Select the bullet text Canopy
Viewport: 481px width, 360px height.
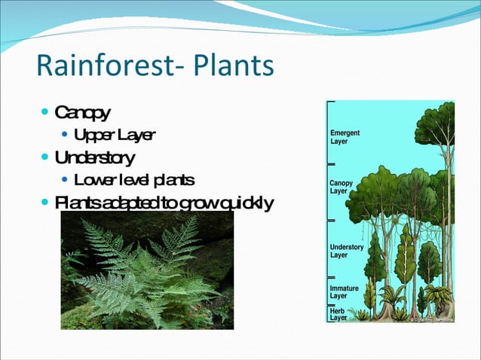83,114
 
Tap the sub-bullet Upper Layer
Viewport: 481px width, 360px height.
115,136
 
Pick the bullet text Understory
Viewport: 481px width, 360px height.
95,157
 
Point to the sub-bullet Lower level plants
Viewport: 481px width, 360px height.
134,180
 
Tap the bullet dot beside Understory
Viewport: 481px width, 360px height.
46,157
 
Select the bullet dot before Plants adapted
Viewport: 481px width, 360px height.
46,202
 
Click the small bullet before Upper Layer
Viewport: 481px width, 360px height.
65,136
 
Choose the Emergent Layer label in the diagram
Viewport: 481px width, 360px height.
345,137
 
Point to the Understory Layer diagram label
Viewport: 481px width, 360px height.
347,251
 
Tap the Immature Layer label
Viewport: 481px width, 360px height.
344,291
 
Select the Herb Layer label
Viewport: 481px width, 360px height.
339,314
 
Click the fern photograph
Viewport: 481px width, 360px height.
147,270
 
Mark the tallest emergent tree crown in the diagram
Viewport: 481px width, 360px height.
437,124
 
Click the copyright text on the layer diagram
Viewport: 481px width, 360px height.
431,319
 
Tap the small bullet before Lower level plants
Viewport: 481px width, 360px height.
65,180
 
